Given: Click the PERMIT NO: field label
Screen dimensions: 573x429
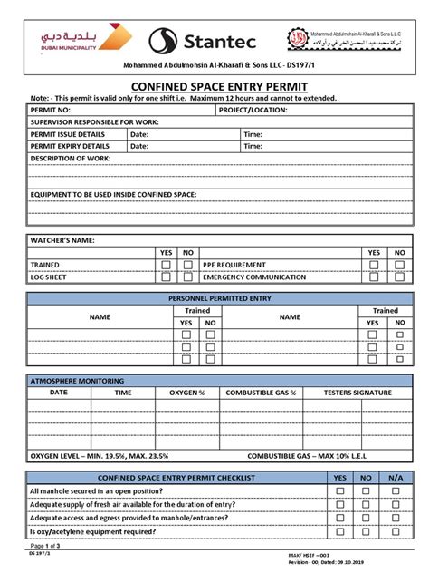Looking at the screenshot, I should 51,110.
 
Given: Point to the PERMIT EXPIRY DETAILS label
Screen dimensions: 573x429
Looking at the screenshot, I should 70,145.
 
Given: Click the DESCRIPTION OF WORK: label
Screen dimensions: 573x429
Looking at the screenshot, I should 71,158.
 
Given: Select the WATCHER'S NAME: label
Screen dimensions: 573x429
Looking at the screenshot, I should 62,240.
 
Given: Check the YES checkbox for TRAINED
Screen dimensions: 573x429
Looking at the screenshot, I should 166,265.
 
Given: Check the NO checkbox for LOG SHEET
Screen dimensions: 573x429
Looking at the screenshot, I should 187,277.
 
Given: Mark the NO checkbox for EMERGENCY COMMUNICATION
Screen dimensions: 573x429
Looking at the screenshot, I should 395,277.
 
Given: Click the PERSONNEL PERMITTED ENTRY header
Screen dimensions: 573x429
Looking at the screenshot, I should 214,297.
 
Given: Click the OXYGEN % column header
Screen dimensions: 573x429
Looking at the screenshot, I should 187,393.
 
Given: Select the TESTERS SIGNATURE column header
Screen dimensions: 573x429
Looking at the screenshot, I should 357,393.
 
